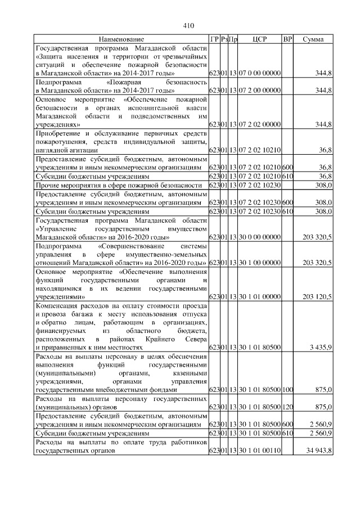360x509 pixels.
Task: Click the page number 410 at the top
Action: coord(188,25)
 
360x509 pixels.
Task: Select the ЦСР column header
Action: coord(259,39)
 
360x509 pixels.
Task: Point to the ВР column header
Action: coord(287,39)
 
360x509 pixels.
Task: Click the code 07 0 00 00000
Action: coord(259,74)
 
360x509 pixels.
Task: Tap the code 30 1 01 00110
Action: coord(259,451)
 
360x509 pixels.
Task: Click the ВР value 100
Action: coord(287,389)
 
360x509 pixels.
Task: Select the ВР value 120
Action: coord(287,406)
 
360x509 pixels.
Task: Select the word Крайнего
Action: coord(159,340)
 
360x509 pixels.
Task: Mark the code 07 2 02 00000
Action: coord(259,124)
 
